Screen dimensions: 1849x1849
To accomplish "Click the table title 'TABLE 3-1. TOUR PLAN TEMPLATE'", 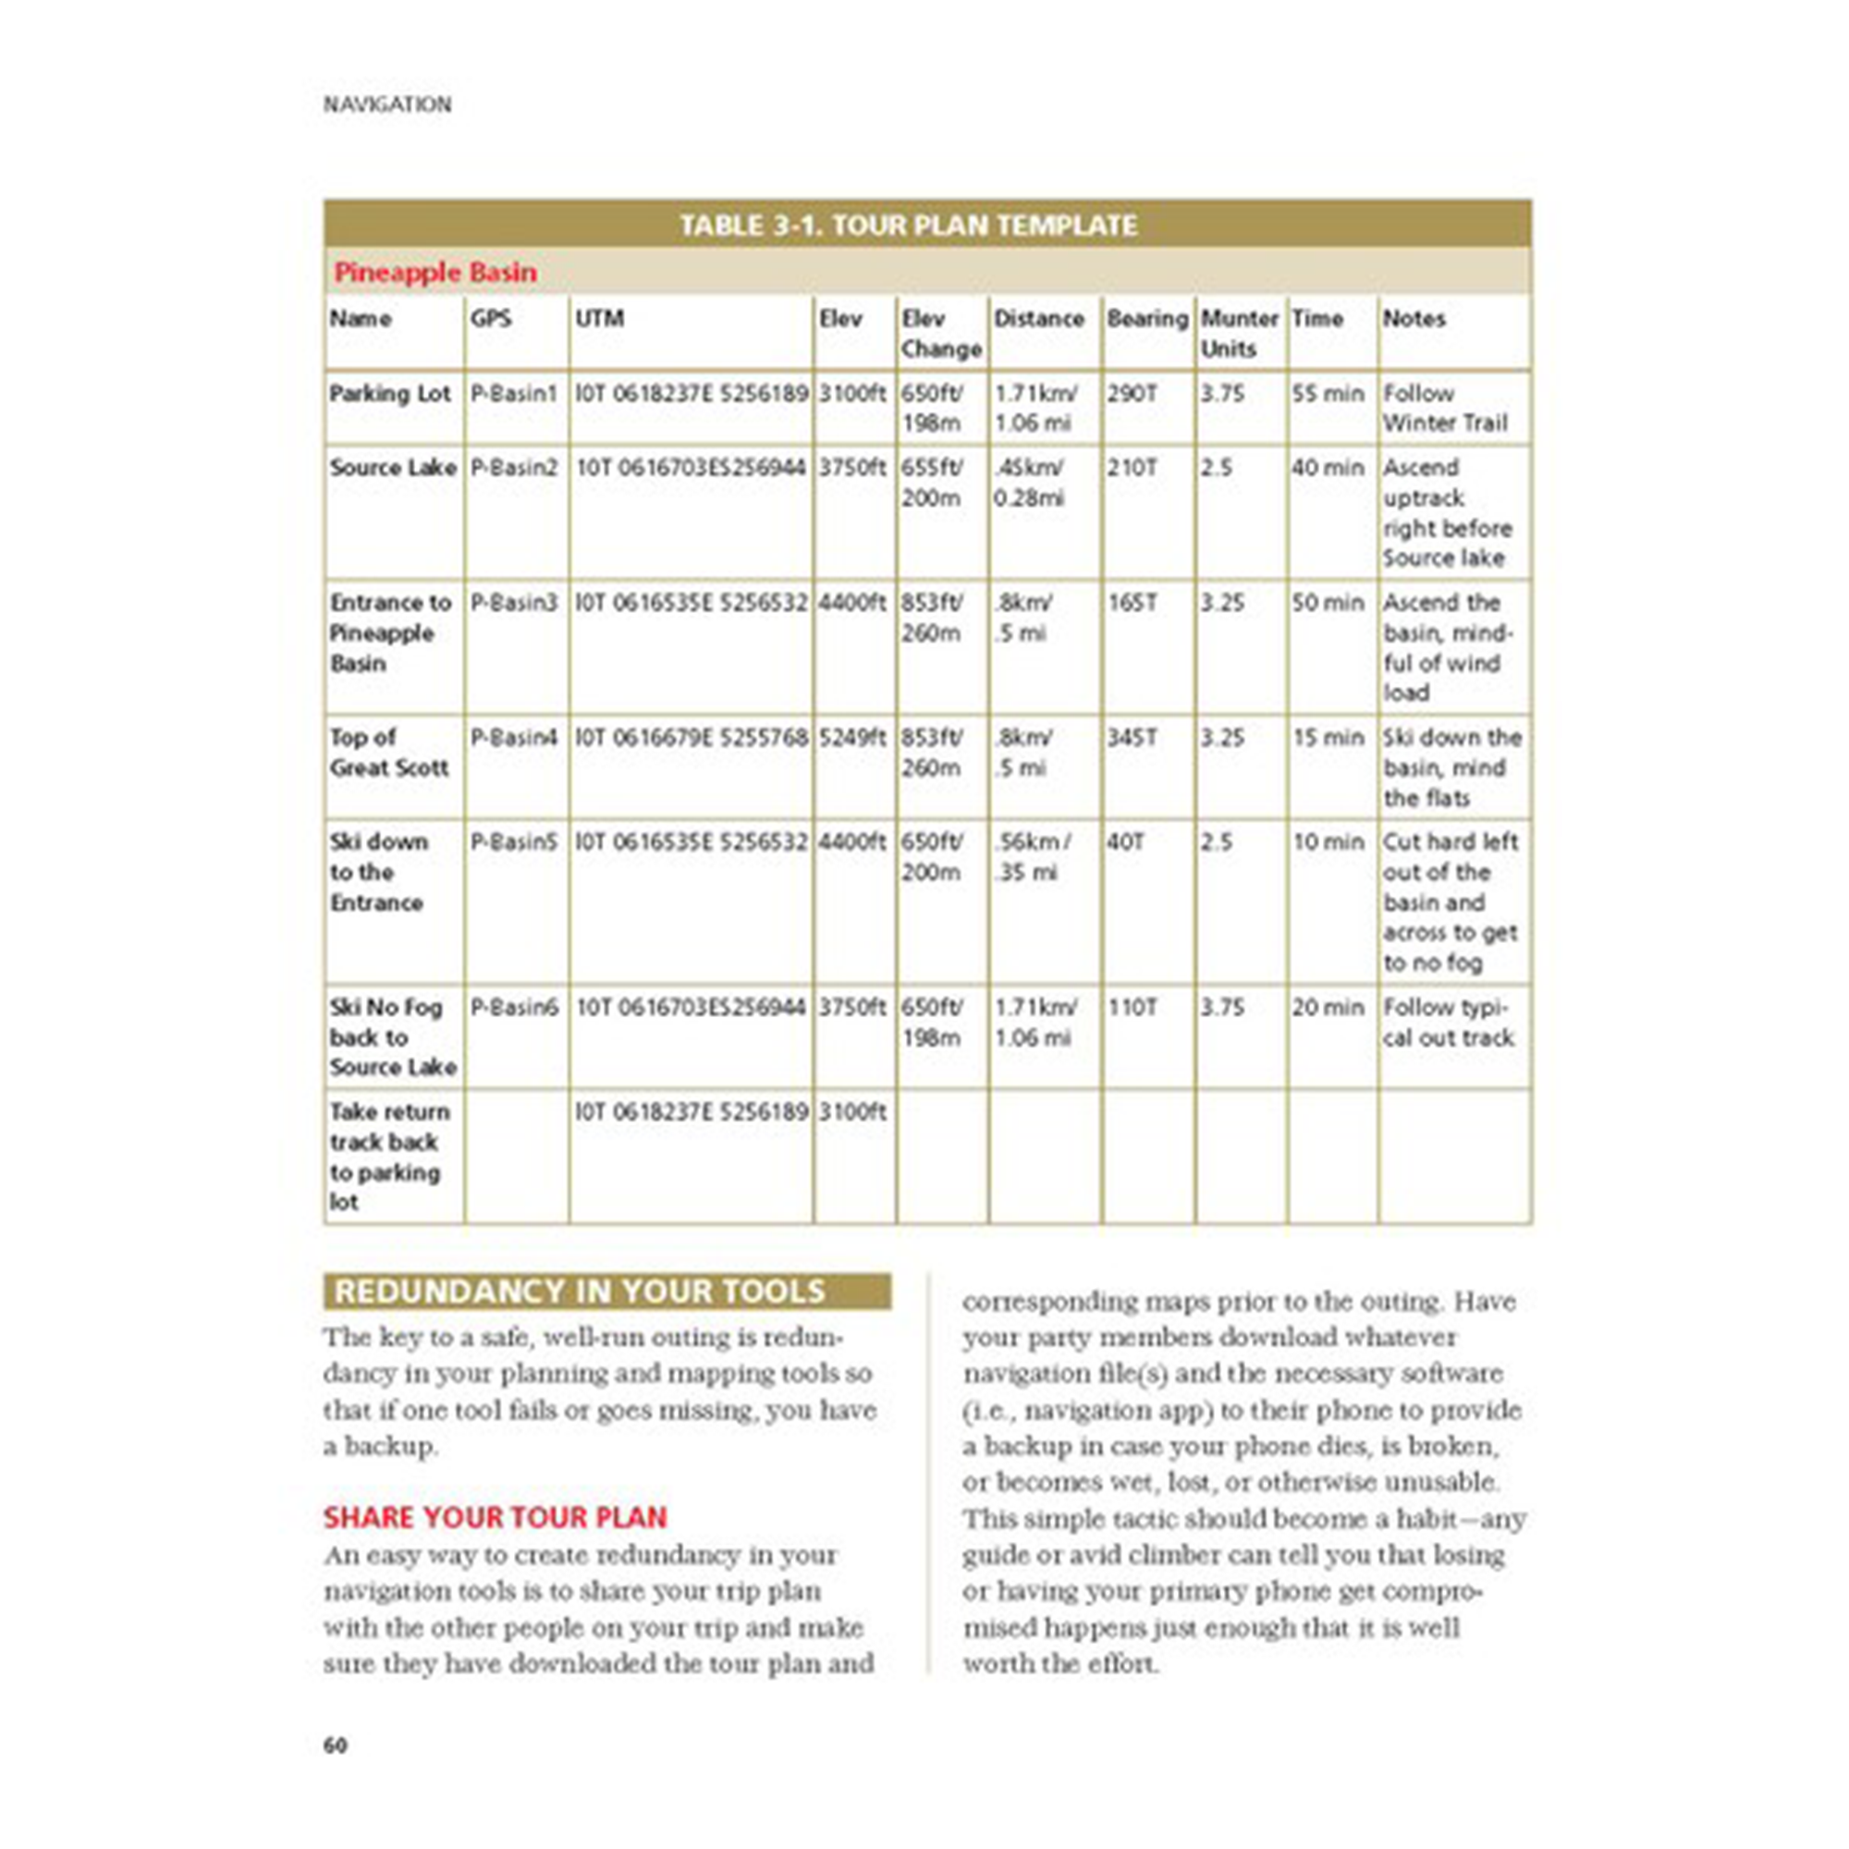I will click(907, 225).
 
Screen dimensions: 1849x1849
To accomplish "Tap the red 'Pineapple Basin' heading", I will click(435, 273).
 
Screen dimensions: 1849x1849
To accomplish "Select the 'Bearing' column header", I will click(1146, 319).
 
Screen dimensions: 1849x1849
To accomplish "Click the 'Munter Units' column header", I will click(1239, 333).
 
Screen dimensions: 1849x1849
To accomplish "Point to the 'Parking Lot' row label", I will click(389, 393).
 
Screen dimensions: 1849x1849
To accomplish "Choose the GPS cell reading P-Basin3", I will click(513, 603).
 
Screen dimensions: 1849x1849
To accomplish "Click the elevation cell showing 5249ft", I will click(851, 738).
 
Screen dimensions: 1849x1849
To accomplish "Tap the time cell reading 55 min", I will click(1328, 393).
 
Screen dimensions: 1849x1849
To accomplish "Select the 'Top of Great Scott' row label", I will click(388, 753).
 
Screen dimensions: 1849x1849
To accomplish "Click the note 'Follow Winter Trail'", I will click(1444, 408).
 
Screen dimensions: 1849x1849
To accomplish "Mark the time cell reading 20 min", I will click(1328, 1008).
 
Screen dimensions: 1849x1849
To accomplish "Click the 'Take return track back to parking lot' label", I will click(388, 1157).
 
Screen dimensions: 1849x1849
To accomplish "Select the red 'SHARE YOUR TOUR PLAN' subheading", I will click(495, 1517).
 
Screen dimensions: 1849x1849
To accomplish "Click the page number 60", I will click(335, 1745).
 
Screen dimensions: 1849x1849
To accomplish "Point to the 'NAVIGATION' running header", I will click(386, 104).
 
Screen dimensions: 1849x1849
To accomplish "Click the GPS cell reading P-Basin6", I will click(514, 1008).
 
